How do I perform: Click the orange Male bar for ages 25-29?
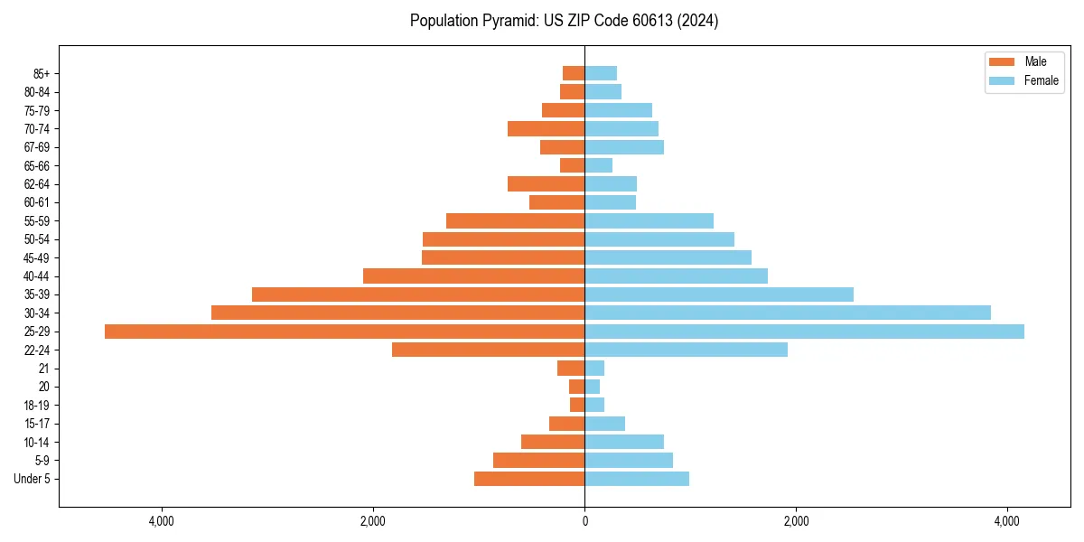pyautogui.click(x=344, y=332)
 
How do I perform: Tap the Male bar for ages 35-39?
pyautogui.click(x=418, y=294)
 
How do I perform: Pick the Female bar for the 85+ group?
pyautogui.click(x=601, y=73)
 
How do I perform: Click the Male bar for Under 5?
pyautogui.click(x=529, y=479)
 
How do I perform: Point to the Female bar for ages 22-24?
pyautogui.click(x=686, y=350)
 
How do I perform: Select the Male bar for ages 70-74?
pyautogui.click(x=546, y=128)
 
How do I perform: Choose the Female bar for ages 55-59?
pyautogui.click(x=649, y=220)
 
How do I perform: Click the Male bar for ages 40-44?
pyautogui.click(x=473, y=276)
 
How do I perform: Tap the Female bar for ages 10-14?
pyautogui.click(x=624, y=442)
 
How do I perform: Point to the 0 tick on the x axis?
pyautogui.click(x=584, y=521)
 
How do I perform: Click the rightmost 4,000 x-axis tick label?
pyautogui.click(x=1007, y=521)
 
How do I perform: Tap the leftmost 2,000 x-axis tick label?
pyautogui.click(x=373, y=521)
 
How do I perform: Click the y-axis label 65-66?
pyautogui.click(x=37, y=165)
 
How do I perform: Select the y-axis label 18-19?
pyautogui.click(x=37, y=405)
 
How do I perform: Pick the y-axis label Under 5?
pyautogui.click(x=32, y=479)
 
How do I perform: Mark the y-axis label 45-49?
pyautogui.click(x=37, y=257)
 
